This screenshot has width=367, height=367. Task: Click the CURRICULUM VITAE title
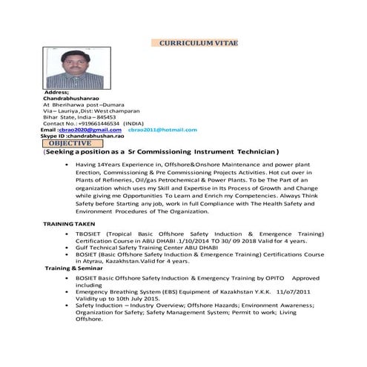(198, 44)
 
